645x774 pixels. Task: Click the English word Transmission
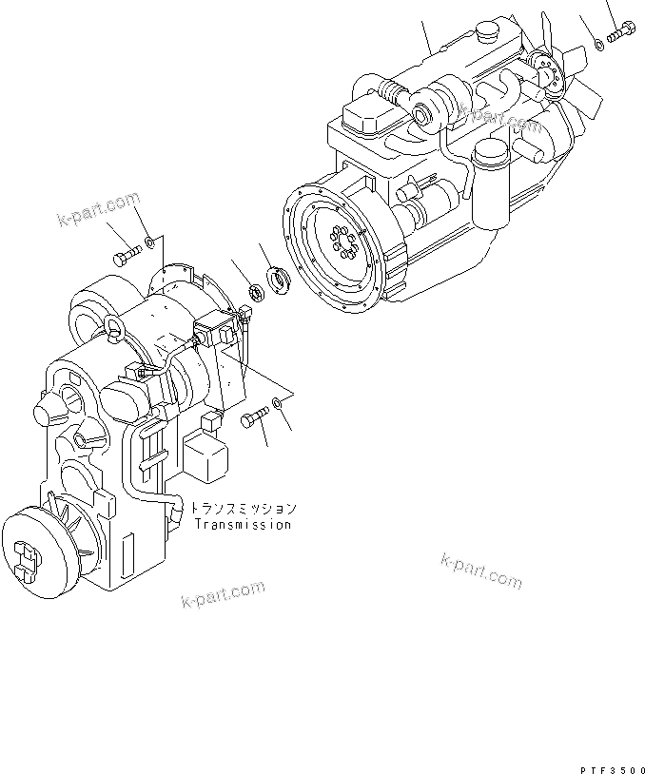[243, 524]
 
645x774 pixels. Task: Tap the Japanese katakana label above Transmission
[244, 508]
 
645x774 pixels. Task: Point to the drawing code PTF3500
[613, 769]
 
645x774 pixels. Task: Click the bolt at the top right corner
[621, 30]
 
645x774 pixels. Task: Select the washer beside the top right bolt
[598, 45]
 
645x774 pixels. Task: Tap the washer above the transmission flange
[149, 242]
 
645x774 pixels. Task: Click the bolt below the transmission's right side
[254, 417]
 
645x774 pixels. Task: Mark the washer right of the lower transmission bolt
[278, 402]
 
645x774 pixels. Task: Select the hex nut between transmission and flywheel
[256, 292]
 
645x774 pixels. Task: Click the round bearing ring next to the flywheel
[279, 280]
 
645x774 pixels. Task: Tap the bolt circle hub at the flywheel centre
[343, 241]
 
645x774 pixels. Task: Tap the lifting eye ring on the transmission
[116, 327]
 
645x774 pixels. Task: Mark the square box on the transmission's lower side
[205, 455]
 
